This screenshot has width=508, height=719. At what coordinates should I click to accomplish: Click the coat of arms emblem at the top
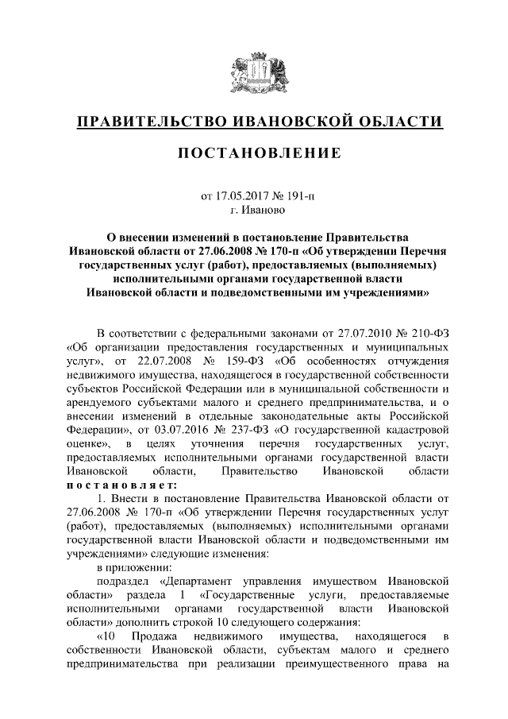point(253,72)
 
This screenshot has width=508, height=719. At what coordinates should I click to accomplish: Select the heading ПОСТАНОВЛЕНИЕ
point(253,153)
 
